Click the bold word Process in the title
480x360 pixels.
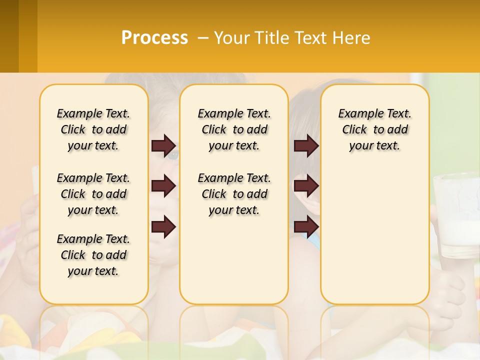tap(154, 38)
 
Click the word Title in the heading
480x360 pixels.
tap(271, 38)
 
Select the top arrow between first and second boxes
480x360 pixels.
tap(163, 145)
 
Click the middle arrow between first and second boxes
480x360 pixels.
tap(163, 186)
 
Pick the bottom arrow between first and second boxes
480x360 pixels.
tap(163, 227)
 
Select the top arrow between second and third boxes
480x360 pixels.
tap(306, 145)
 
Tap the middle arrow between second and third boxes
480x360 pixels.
tap(306, 186)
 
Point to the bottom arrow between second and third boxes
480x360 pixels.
tap(306, 227)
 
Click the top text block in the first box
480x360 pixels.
tap(93, 129)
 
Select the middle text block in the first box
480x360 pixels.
tap(93, 194)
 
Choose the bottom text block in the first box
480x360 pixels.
tap(93, 255)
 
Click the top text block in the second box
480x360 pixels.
tap(234, 129)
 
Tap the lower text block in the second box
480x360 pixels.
tap(234, 194)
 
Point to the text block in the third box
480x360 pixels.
tap(375, 129)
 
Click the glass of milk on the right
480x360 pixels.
tap(456, 220)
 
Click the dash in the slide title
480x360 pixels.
tap(202, 38)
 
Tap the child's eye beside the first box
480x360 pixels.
tap(172, 155)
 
